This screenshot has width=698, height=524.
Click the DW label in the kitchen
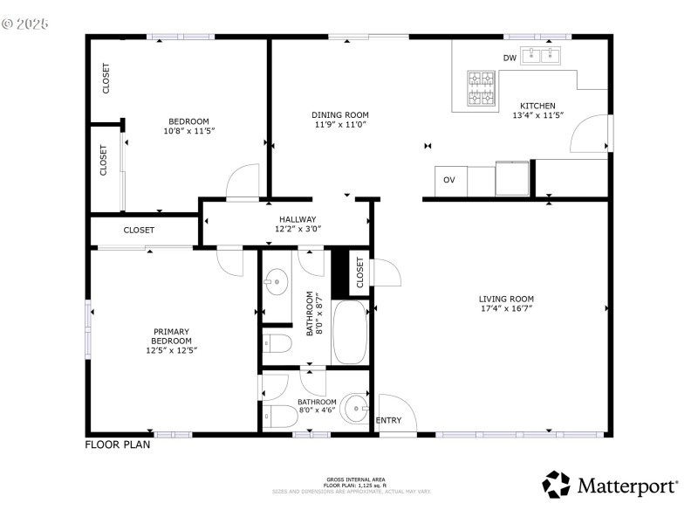click(x=510, y=59)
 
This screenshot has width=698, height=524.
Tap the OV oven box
click(x=449, y=180)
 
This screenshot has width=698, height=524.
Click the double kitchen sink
click(x=542, y=57)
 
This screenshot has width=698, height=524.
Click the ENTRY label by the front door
click(x=388, y=421)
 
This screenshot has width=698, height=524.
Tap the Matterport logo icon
click(x=556, y=485)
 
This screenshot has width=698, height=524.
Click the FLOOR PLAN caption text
click(x=117, y=445)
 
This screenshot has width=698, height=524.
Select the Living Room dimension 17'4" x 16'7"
click(x=506, y=308)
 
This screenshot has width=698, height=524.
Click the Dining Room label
click(x=340, y=114)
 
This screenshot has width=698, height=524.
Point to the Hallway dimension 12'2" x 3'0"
click(x=298, y=229)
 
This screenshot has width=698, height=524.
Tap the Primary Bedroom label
click(x=171, y=336)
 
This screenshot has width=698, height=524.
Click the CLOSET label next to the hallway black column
click(x=360, y=272)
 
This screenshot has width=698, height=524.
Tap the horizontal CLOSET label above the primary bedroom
click(x=139, y=231)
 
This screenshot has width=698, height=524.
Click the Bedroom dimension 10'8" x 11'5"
click(x=188, y=131)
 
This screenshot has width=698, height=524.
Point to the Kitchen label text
click(x=537, y=106)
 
